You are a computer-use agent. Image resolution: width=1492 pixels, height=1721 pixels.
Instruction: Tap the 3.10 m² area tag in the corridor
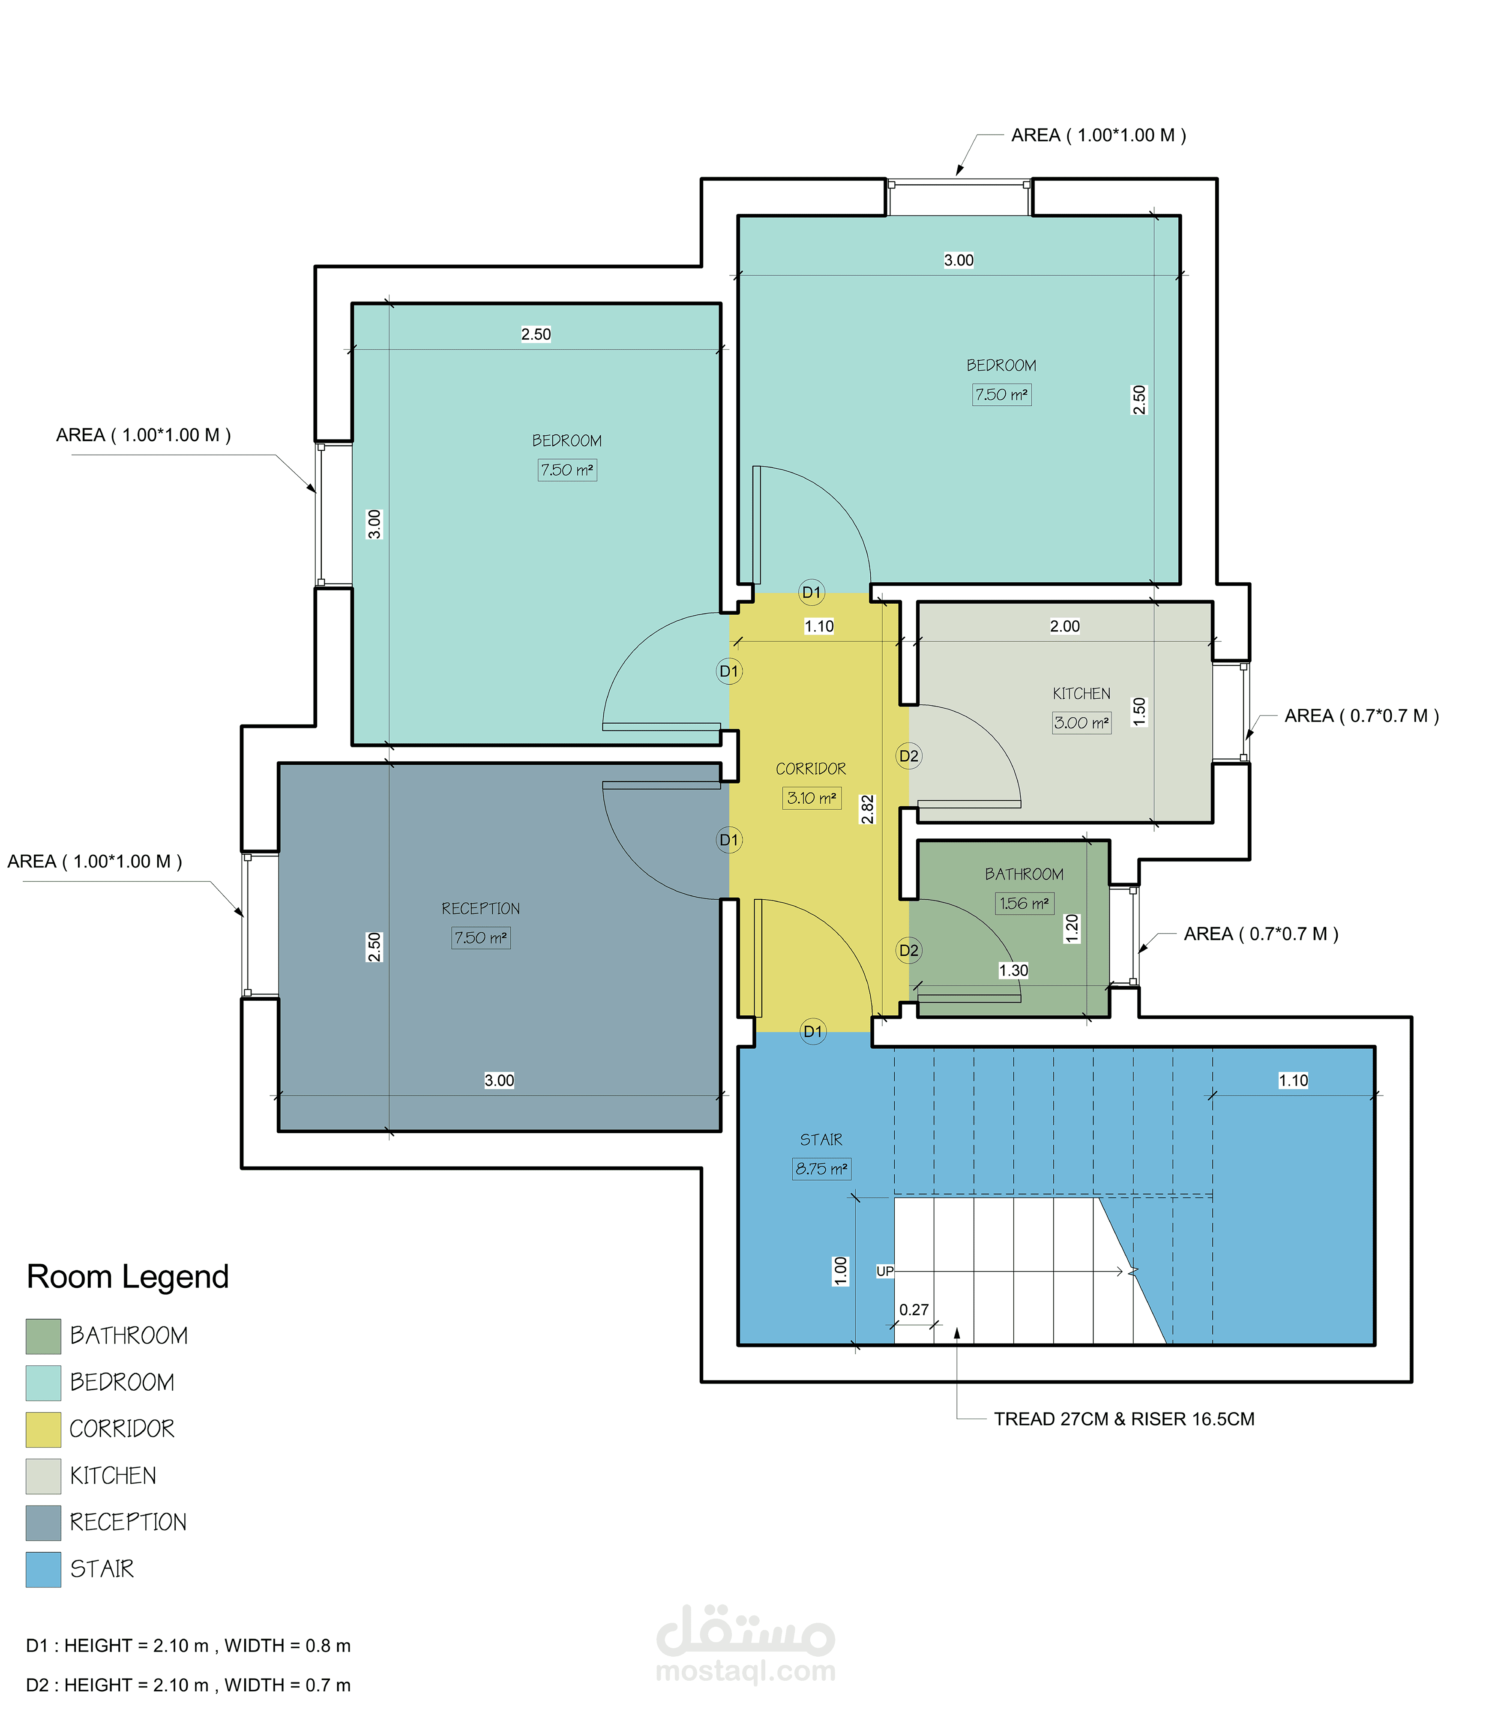point(812,798)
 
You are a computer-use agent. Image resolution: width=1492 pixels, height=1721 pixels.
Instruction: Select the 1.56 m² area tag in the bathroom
point(1024,904)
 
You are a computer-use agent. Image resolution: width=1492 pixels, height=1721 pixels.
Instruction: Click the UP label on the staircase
point(884,1272)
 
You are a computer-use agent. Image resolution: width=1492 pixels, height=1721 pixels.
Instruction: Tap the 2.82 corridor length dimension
point(868,809)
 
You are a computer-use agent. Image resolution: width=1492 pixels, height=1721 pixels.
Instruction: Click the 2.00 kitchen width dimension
point(1065,626)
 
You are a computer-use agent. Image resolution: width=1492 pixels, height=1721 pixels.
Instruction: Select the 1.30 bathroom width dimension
point(1013,970)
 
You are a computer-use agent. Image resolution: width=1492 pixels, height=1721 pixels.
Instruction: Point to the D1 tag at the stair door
point(812,1032)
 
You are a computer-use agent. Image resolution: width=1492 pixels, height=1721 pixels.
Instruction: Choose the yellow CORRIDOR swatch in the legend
point(43,1430)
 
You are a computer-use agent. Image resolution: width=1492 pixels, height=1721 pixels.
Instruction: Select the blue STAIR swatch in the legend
point(43,1569)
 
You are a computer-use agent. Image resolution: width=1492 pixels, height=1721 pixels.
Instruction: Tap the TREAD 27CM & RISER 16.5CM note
point(1124,1419)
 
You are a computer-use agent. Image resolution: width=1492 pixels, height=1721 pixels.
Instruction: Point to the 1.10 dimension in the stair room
point(1293,1080)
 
